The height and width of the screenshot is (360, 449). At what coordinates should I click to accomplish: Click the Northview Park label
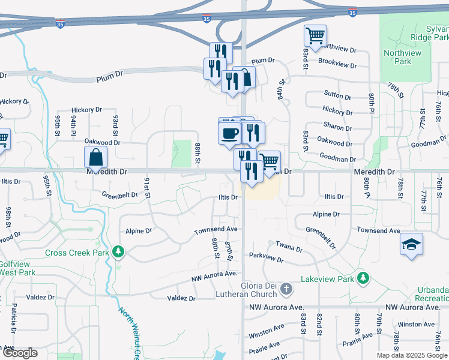point(402,57)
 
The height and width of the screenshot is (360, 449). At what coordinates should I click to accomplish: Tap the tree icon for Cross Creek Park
point(119,252)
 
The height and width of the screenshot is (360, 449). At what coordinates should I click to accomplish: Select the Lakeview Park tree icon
point(363,278)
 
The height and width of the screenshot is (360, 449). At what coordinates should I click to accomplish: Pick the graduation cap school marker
point(412,244)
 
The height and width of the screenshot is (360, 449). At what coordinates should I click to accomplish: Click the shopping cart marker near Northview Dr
point(315,35)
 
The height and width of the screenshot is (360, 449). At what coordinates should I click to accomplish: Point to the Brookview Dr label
point(337,63)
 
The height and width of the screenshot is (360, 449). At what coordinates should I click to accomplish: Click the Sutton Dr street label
point(337,95)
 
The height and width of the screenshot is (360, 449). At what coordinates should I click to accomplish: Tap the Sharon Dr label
point(337,128)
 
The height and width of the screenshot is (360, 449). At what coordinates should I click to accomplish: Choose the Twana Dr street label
point(289,246)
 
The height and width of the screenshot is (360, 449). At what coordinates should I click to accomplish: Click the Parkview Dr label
point(266,258)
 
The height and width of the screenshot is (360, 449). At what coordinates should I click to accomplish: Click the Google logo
point(19,353)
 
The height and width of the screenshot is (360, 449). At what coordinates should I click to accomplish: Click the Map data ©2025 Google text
point(411,355)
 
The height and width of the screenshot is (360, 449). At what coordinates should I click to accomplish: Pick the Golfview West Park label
point(17,268)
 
